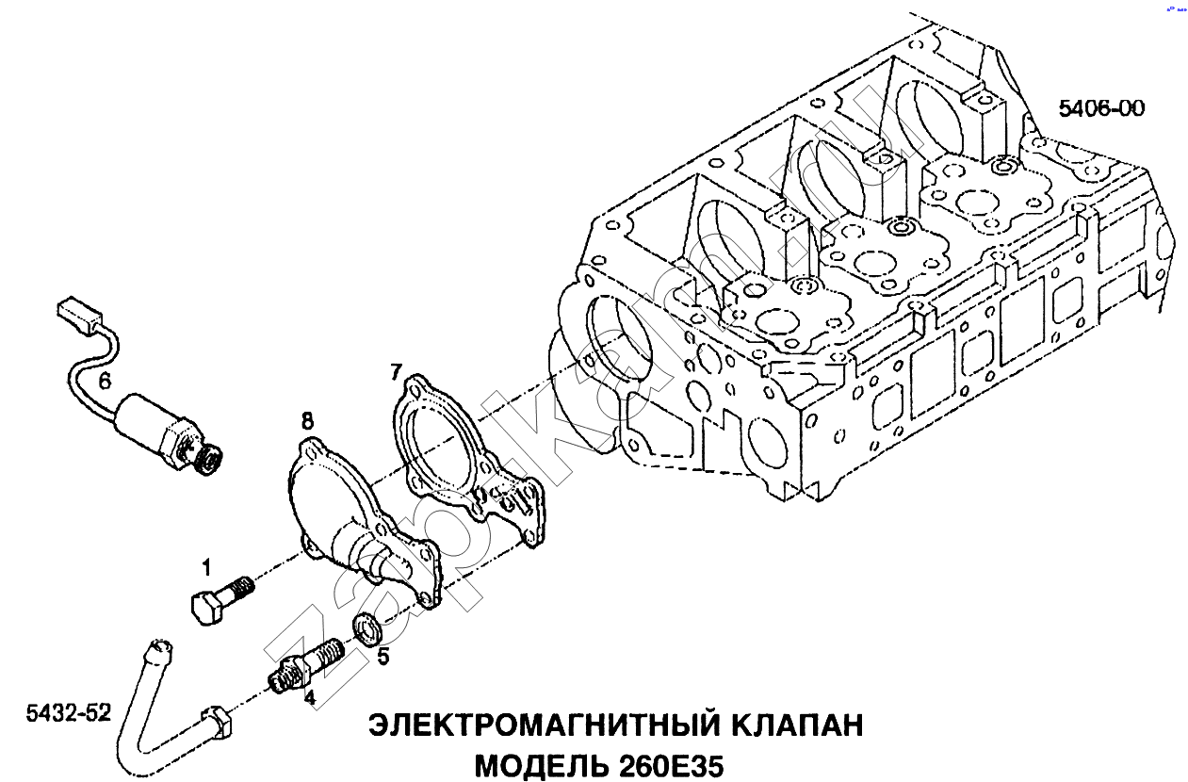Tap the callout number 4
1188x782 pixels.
click(308, 697)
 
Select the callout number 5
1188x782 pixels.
click(382, 657)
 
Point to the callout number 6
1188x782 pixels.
click(105, 381)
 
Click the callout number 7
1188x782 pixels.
click(396, 372)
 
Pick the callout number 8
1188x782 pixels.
click(307, 420)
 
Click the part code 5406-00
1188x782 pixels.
click(1101, 108)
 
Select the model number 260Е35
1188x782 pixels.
click(672, 764)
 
